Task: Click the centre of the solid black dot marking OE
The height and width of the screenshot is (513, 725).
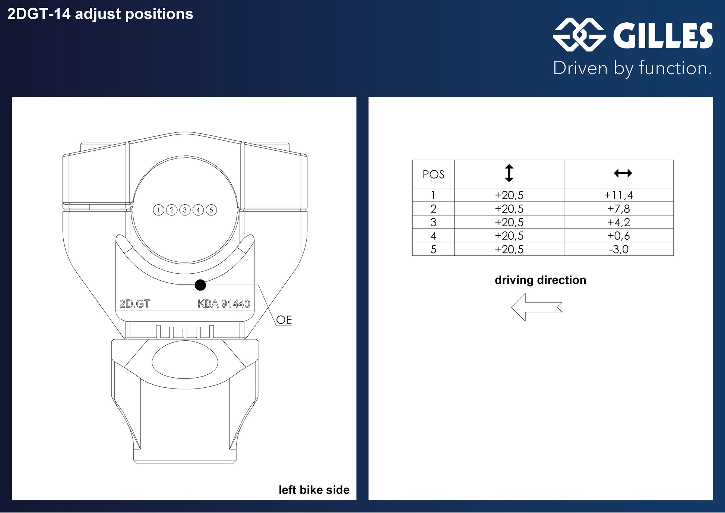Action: click(x=200, y=285)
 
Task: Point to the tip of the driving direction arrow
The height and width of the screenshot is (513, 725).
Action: click(x=512, y=307)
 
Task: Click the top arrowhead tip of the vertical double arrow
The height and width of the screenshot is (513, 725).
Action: click(x=509, y=164)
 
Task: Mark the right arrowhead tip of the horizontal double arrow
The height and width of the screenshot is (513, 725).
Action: click(x=632, y=173)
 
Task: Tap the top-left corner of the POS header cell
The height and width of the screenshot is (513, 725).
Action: click(x=412, y=160)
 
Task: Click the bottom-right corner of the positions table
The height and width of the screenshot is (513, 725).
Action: click(x=674, y=256)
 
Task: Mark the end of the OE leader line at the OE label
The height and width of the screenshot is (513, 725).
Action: click(x=276, y=325)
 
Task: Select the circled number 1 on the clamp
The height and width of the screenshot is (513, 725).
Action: click(x=159, y=210)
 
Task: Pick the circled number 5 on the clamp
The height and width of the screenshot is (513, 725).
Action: click(x=211, y=210)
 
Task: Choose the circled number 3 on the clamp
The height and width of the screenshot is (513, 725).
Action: click(x=185, y=210)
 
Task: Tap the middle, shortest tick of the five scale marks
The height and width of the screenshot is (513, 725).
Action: click(x=185, y=333)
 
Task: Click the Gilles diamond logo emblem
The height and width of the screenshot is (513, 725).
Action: click(x=579, y=35)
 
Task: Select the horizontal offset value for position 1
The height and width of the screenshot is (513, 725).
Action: click(x=618, y=195)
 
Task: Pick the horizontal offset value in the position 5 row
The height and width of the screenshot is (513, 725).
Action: click(x=618, y=249)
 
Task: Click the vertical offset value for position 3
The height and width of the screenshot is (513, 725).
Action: click(x=509, y=222)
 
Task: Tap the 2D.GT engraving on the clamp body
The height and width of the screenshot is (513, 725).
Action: click(x=135, y=304)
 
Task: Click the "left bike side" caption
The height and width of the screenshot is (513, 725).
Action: click(x=314, y=490)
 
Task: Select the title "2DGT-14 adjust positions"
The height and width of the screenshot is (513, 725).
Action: click(x=100, y=14)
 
